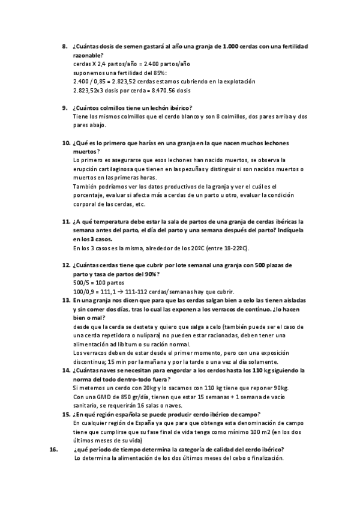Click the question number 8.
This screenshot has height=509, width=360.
coord(65,46)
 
